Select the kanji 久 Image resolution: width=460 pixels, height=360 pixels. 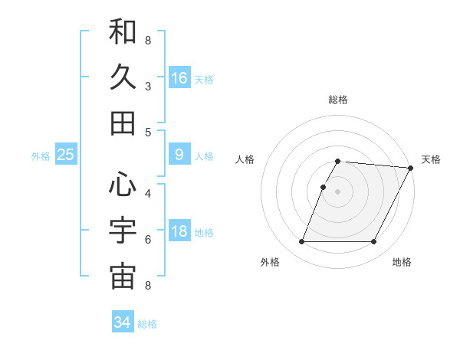coord(123,77)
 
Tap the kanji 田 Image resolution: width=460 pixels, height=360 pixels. coord(123,123)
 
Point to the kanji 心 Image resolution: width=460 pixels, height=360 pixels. coord(123,184)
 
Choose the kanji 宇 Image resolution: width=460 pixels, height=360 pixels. coord(123,230)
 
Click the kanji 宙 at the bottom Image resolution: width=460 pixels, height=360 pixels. coord(123,277)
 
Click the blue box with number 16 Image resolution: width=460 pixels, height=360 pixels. coord(179,78)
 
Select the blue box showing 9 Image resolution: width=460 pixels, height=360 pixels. coord(179,155)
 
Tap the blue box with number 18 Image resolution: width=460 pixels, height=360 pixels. coord(179,232)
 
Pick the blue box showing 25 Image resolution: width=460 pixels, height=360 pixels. coord(66,155)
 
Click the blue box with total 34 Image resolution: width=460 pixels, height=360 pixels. coord(123,322)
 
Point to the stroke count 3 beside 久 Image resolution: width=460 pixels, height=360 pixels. coord(148,86)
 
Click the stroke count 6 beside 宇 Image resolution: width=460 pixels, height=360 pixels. coord(148,240)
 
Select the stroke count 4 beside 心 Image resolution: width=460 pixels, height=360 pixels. coord(148,193)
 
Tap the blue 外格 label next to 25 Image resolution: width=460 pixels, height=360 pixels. coord(41,156)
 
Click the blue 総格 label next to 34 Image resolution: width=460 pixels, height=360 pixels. coord(147,324)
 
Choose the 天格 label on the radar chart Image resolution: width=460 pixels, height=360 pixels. coord(431,159)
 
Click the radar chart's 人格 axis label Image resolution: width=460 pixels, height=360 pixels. coord(245,159)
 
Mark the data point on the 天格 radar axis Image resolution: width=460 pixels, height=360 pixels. coord(411,168)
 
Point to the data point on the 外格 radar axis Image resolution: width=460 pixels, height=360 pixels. coord(301,242)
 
